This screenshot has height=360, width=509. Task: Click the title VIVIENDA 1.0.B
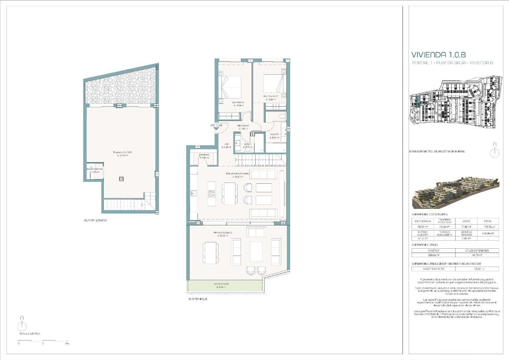pos(439,55)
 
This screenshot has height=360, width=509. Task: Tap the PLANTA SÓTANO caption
pos(95,221)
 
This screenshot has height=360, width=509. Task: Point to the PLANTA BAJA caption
pos(198,299)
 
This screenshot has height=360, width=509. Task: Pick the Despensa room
pos(205,156)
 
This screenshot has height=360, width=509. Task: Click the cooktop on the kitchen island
pos(211,194)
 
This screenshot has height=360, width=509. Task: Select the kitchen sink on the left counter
pos(193,193)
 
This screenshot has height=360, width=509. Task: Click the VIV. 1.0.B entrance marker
pos(216,126)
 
